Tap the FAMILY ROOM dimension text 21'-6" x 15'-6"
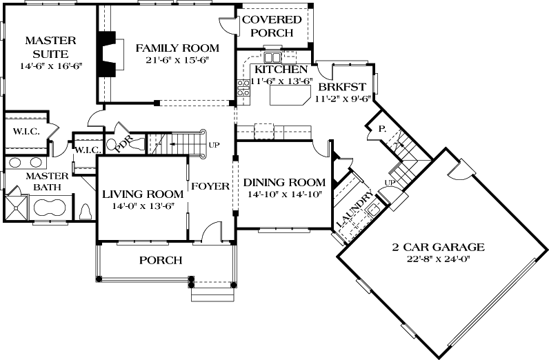click(x=177, y=61)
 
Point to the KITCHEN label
click(x=281, y=70)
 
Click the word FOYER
click(x=210, y=186)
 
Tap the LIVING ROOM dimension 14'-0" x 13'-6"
click(x=142, y=206)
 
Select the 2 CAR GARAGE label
click(x=439, y=247)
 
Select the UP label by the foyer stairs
click(x=215, y=146)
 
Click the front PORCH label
click(x=161, y=261)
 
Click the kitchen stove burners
click(x=243, y=88)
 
